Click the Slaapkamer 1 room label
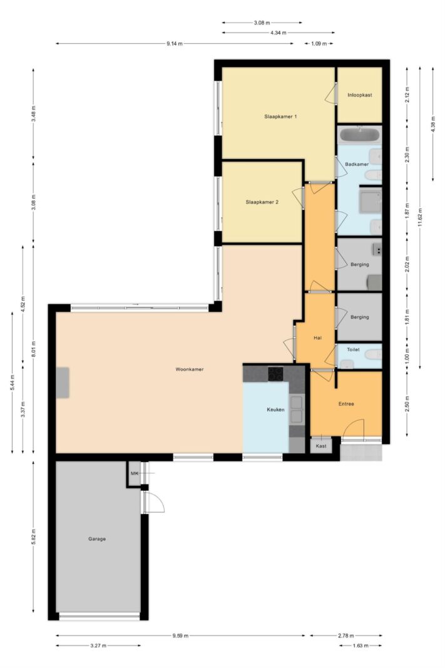280,116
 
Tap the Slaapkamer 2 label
262,202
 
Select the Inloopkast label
359,95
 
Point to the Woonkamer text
190,369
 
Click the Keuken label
275,410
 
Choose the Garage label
97,539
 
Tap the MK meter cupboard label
135,473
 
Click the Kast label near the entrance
321,446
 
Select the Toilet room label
353,350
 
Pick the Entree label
346,404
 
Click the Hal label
317,338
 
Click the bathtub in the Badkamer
359,135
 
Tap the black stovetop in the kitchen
275,374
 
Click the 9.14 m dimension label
175,43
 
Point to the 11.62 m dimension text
420,218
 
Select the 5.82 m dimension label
33,536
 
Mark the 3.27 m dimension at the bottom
98,646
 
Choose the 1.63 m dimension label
361,646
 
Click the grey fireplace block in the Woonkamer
63,383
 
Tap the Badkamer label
357,165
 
